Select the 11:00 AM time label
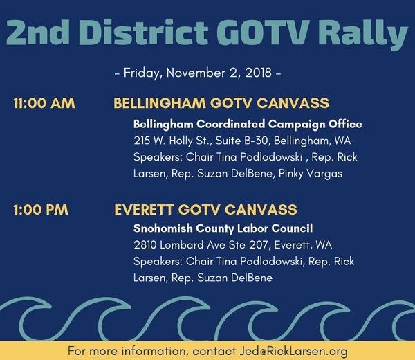pos(44,103)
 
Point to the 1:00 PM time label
pos(41,210)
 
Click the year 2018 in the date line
pos(258,73)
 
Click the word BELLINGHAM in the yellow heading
pos(160,103)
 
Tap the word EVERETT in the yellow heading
pos(145,210)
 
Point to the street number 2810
pos(145,245)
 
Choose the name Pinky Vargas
pos(311,174)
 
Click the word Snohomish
pos(163,228)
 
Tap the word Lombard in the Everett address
pos(182,245)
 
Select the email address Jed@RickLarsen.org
pos(293,351)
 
